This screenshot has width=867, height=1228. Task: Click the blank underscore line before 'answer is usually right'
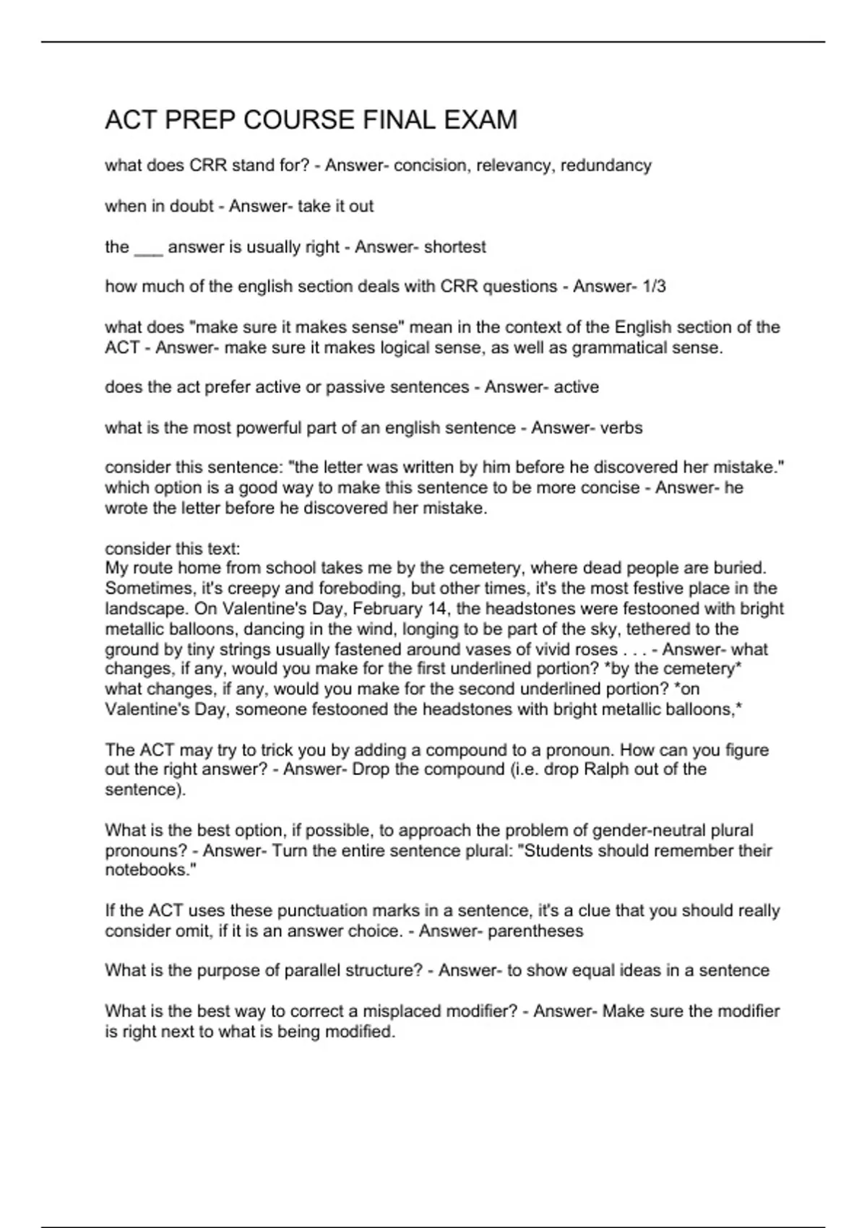pyautogui.click(x=149, y=248)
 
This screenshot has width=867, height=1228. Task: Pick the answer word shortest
pyautogui.click(x=454, y=247)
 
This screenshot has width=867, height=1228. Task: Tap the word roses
pyautogui.click(x=596, y=649)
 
